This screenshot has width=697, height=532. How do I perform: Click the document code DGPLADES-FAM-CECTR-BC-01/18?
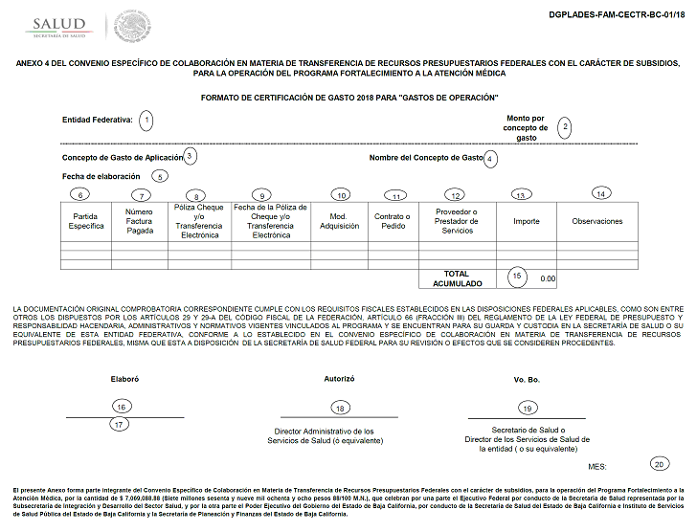click(x=617, y=16)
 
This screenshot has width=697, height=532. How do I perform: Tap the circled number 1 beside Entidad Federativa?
click(x=146, y=120)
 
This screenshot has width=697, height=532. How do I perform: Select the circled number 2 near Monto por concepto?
click(x=565, y=126)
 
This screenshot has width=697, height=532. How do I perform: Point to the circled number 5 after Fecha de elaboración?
click(x=160, y=176)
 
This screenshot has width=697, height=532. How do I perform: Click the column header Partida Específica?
click(x=86, y=221)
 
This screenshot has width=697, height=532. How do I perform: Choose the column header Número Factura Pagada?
click(x=140, y=221)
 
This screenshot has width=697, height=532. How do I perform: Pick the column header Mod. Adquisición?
click(x=339, y=221)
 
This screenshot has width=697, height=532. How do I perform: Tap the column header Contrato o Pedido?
click(x=392, y=221)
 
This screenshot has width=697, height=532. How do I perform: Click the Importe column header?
click(x=527, y=221)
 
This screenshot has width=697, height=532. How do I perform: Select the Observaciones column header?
click(x=597, y=221)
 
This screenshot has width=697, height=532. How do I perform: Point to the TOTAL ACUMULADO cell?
click(x=457, y=278)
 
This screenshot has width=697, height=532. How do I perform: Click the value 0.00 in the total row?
click(x=547, y=278)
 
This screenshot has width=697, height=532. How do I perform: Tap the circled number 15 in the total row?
click(x=518, y=276)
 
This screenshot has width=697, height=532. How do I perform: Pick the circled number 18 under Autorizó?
click(x=339, y=409)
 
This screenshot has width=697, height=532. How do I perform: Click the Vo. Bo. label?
click(x=527, y=380)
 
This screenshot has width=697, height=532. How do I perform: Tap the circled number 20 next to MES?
click(x=659, y=464)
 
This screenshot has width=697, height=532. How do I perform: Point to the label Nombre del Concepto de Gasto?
click(x=426, y=157)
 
